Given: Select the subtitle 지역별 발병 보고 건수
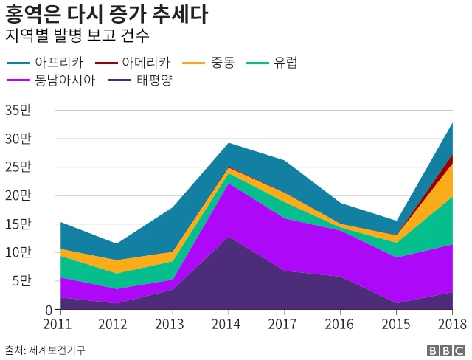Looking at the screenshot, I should [x=77, y=35].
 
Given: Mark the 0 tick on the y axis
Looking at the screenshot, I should [x=27, y=310].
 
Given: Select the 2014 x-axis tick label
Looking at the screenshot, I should [x=230, y=325].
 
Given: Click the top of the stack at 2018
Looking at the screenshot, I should [x=451, y=123].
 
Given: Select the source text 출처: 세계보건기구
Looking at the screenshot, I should [x=45, y=350].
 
